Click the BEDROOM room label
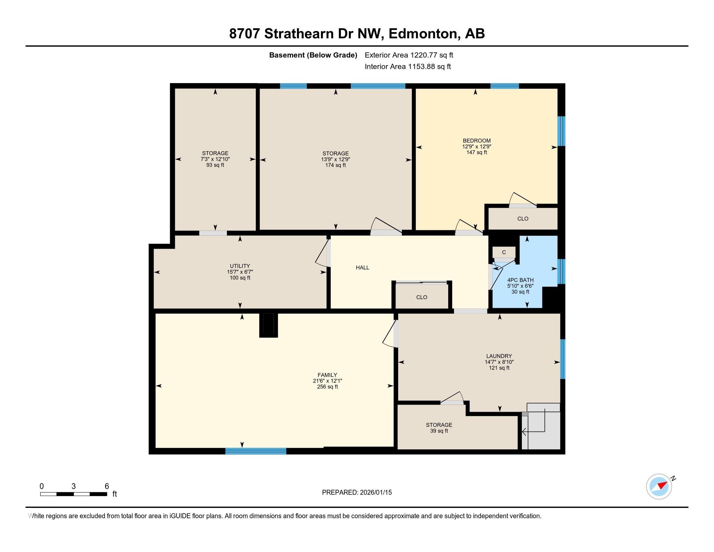tap(476, 141)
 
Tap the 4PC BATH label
tap(520, 280)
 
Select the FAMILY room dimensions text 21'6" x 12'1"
tap(327, 381)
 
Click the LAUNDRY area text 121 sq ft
tap(499, 368)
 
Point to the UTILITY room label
tap(240, 266)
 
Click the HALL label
tap(362, 268)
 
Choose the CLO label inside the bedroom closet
tap(523, 219)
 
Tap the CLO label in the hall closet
tap(421, 297)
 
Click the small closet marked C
tap(504, 252)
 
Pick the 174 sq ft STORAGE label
tap(336, 154)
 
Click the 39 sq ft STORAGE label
tap(439, 425)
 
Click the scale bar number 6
tap(106, 486)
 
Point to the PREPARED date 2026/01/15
tap(375, 493)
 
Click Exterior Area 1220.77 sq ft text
tap(409, 55)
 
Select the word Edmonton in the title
tap(422, 34)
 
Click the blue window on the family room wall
tap(256, 451)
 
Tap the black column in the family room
tap(268, 325)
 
